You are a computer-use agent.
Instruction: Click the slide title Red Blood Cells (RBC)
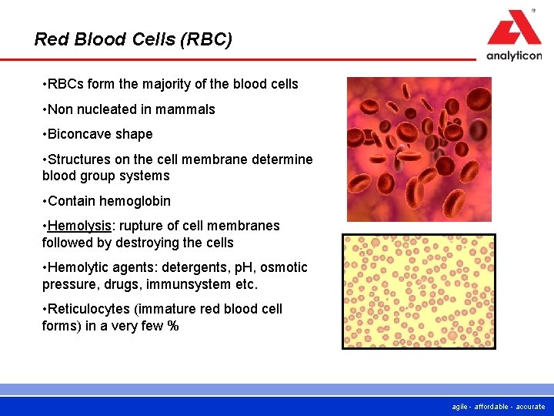coord(133,39)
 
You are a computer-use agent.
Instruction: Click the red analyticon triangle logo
coord(514,29)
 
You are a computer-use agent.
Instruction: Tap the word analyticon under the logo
coord(514,55)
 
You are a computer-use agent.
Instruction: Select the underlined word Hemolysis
coord(79,226)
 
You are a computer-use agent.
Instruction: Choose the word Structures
coord(80,159)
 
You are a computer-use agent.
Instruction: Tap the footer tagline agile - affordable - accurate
coord(499,407)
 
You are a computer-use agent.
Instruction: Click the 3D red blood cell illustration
coord(419,149)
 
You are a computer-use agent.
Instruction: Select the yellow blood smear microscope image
coord(419,291)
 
